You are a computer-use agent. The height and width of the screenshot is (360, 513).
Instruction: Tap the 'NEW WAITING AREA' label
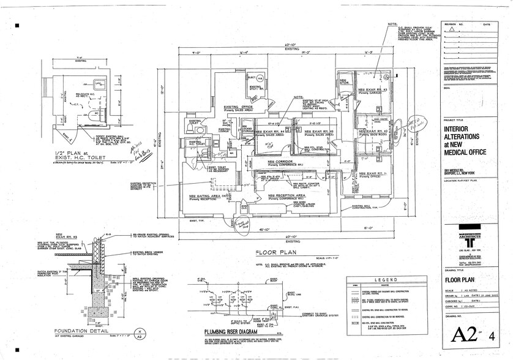pyautogui.click(x=206, y=196)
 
